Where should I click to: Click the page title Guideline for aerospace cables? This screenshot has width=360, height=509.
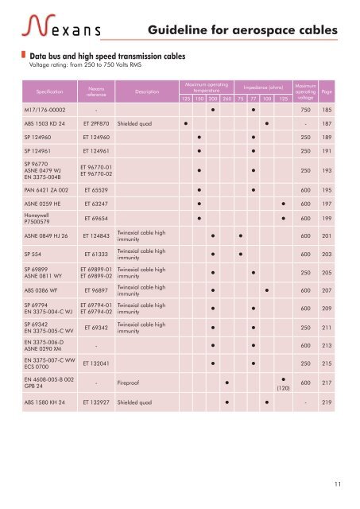point(243,29)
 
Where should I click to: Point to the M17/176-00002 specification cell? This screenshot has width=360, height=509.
point(45,109)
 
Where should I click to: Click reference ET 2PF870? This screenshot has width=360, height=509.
point(96,124)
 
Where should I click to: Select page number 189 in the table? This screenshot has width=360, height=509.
point(327,138)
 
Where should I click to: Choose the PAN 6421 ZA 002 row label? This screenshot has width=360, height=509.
point(46,190)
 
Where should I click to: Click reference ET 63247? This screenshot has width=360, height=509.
point(96,204)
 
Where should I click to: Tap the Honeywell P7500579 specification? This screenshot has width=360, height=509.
point(41,220)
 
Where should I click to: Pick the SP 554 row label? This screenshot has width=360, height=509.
point(35,253)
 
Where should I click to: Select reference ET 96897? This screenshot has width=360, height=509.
point(96,290)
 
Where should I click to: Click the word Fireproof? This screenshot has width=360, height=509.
point(134,383)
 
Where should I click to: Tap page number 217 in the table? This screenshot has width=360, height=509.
point(327,383)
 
